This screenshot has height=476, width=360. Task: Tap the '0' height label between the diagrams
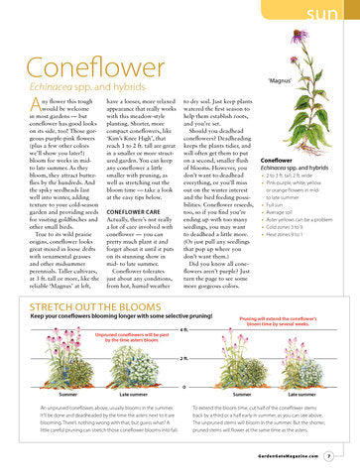[x=184, y=385]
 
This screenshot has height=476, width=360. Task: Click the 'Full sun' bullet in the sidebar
[x=279, y=204]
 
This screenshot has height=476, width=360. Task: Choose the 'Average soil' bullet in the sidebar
[x=282, y=212]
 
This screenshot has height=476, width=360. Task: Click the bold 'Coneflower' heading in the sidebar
[x=276, y=159]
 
